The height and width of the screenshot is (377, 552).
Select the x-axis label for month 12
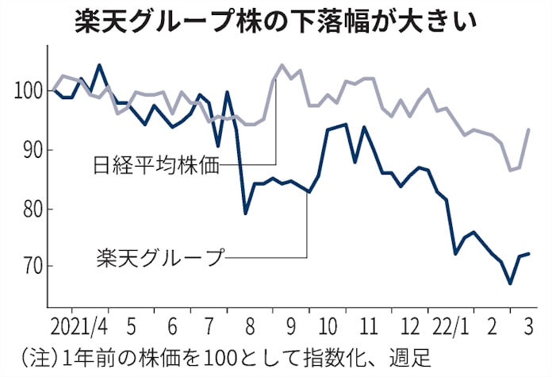tap(409, 325)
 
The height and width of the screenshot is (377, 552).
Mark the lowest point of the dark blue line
tap(510, 283)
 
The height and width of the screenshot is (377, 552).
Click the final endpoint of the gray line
tap(529, 129)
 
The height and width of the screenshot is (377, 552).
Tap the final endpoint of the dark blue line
tap(529, 253)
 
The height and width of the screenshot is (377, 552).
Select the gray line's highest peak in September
tap(282, 65)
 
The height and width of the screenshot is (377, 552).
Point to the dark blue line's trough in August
tap(245, 214)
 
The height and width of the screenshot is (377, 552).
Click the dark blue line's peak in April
tap(98, 65)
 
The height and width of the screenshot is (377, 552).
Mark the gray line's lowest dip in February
tap(510, 170)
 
